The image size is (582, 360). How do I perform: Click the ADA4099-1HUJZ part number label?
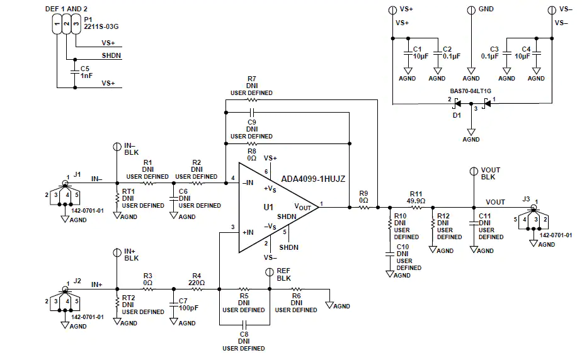click(x=313, y=179)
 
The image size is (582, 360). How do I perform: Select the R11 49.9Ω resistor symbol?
click(x=416, y=208)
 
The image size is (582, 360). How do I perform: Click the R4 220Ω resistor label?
click(x=197, y=279)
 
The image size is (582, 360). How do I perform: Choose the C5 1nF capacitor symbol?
click(x=75, y=72)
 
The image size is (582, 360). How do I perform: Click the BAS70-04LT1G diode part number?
click(x=471, y=91)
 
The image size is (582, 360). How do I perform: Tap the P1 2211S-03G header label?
click(x=101, y=23)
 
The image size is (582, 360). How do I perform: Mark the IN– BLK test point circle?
click(x=117, y=147)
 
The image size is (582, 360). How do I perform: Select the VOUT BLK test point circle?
click(x=474, y=171)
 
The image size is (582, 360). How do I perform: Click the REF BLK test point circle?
click(x=270, y=273)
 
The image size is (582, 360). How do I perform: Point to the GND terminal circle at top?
click(x=471, y=10)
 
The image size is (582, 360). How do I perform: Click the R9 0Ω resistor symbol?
click(x=364, y=208)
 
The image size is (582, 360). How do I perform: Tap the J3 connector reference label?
click(x=526, y=199)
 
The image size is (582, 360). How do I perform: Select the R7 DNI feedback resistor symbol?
click(x=252, y=99)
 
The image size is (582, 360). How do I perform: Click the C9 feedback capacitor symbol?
click(x=252, y=112)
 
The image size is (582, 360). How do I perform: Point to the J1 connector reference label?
click(x=77, y=174)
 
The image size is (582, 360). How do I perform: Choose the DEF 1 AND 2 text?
click(x=66, y=9)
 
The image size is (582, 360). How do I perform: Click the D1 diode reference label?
click(x=457, y=115)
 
